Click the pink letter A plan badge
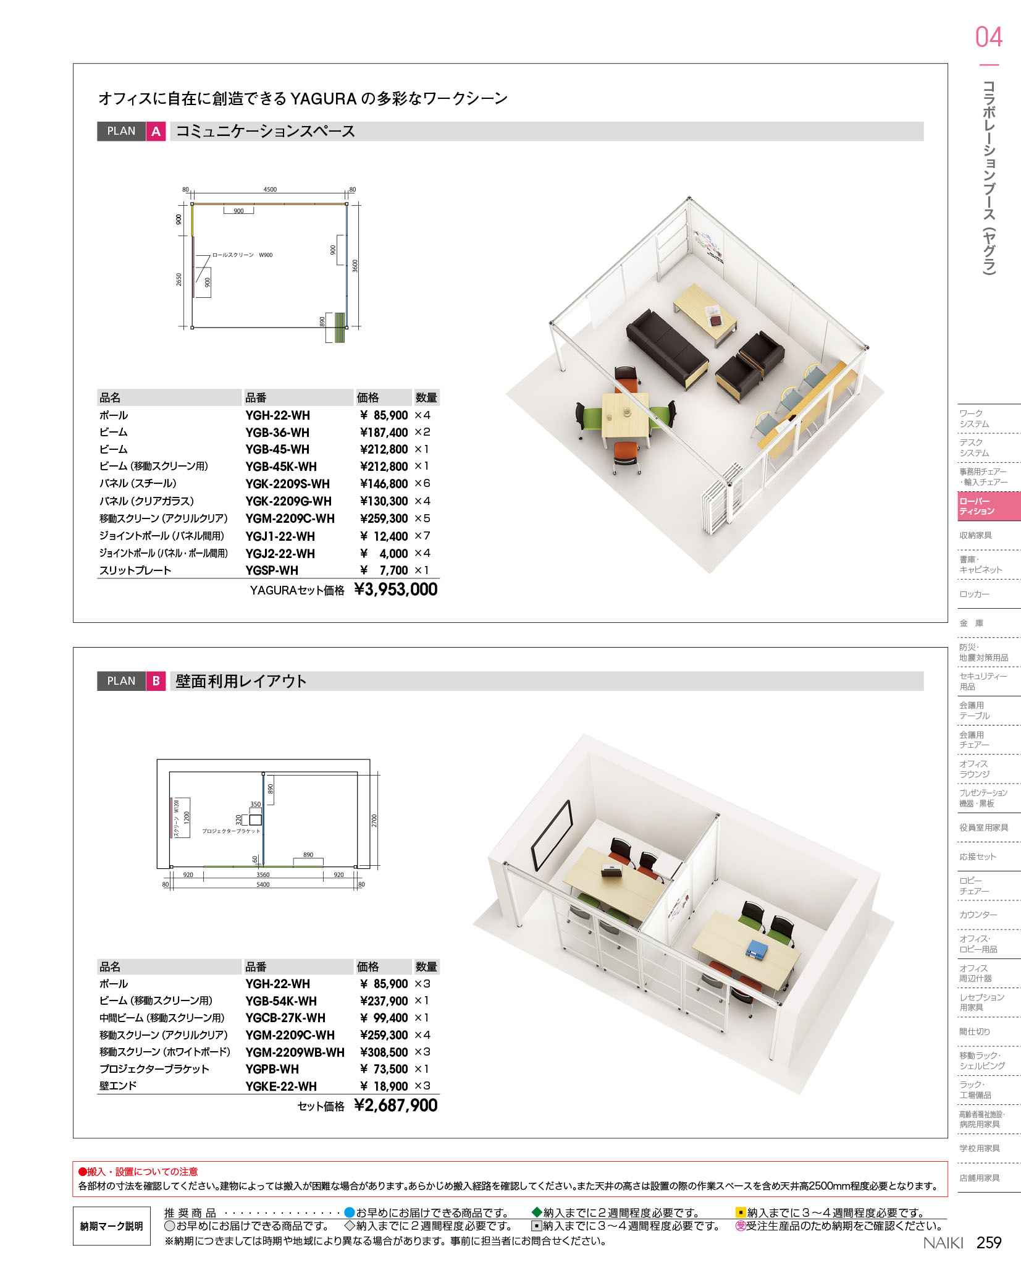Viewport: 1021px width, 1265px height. pos(156,131)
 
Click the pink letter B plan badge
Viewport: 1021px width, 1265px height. pos(156,681)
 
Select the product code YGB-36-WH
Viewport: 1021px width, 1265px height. pos(277,433)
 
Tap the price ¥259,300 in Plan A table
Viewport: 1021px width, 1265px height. pos(384,518)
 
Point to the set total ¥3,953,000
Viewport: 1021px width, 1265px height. pos(395,590)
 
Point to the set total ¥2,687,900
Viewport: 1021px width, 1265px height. pos(395,1106)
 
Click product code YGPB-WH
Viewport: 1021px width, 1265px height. pos(272,1069)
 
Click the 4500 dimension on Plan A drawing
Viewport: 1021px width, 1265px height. pos(270,190)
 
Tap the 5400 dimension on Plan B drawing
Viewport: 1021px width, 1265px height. pos(263,884)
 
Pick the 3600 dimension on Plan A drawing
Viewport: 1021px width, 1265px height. pos(355,266)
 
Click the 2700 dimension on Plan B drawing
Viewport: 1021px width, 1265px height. pos(374,821)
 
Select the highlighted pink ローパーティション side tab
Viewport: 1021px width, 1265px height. pos(989,506)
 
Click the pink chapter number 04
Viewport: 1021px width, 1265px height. pos(988,37)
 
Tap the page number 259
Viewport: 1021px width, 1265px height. pos(989,1242)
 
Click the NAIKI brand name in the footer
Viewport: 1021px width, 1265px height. pos(943,1243)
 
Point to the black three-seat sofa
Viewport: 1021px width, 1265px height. pos(667,348)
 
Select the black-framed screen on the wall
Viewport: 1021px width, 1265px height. pos(551,836)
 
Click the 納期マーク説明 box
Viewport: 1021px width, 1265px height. pos(112,1226)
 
